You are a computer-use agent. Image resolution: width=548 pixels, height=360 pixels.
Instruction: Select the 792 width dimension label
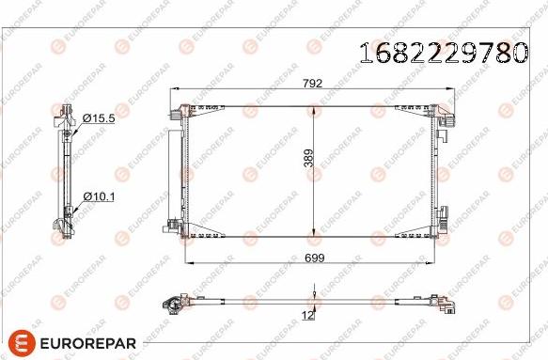click(x=312, y=84)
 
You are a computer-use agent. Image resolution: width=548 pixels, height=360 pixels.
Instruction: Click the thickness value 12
click(x=307, y=315)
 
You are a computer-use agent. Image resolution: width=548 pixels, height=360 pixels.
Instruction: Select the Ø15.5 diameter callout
click(x=98, y=118)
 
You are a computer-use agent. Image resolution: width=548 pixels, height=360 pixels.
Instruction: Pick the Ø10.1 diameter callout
click(x=98, y=196)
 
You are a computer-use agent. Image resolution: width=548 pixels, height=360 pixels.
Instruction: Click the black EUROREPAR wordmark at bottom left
click(x=87, y=342)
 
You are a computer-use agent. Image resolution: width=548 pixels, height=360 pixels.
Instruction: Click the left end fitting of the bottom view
click(x=171, y=303)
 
